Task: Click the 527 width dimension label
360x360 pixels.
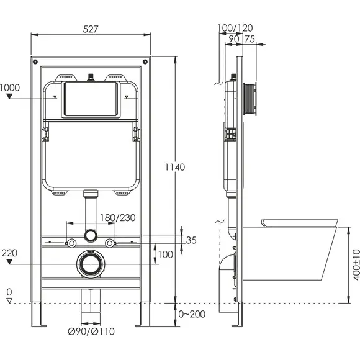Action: (x=91, y=29)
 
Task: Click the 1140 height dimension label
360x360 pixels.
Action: (x=175, y=167)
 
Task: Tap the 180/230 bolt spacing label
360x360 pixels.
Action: (x=117, y=218)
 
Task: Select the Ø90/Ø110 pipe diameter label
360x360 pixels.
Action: (x=91, y=331)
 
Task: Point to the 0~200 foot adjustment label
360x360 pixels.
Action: (x=192, y=314)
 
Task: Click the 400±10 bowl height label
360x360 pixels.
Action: (x=356, y=264)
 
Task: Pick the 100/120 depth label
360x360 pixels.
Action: (x=235, y=28)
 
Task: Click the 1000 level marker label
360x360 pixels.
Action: (x=10, y=88)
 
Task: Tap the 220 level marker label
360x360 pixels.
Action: (x=9, y=253)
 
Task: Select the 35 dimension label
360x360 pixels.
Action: (x=191, y=240)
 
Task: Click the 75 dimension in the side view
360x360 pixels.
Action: (x=250, y=39)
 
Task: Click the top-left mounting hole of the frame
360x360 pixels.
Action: (x=35, y=61)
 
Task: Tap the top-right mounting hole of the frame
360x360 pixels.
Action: (x=145, y=61)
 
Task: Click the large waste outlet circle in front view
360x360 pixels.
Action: (x=91, y=264)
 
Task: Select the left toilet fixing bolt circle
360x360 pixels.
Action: (x=71, y=243)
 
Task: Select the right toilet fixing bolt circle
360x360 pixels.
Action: (x=110, y=243)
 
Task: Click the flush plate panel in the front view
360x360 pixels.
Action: (x=91, y=99)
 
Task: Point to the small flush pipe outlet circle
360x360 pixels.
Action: (x=90, y=236)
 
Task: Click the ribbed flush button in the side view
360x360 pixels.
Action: (x=250, y=100)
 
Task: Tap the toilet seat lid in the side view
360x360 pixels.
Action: (x=299, y=223)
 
